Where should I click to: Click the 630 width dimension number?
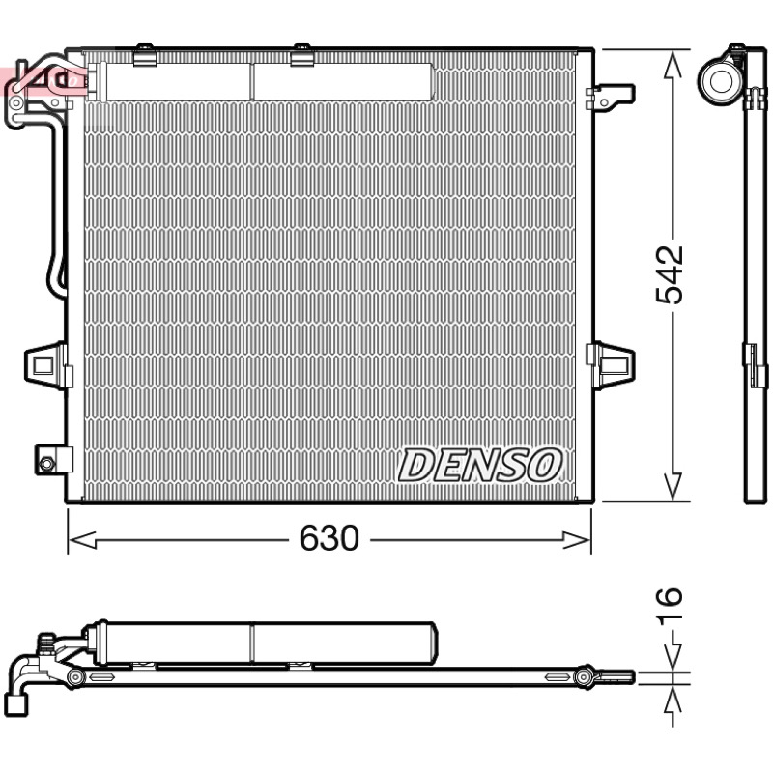[329, 538]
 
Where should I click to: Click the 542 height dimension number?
[669, 274]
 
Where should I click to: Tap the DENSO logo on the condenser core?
[479, 465]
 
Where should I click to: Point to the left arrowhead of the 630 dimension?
[82, 540]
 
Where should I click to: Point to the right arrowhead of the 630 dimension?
[577, 540]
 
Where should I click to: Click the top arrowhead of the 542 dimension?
[673, 67]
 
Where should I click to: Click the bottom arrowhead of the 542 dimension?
[673, 486]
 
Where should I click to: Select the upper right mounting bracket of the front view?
[611, 98]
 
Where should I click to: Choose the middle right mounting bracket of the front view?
[611, 366]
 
